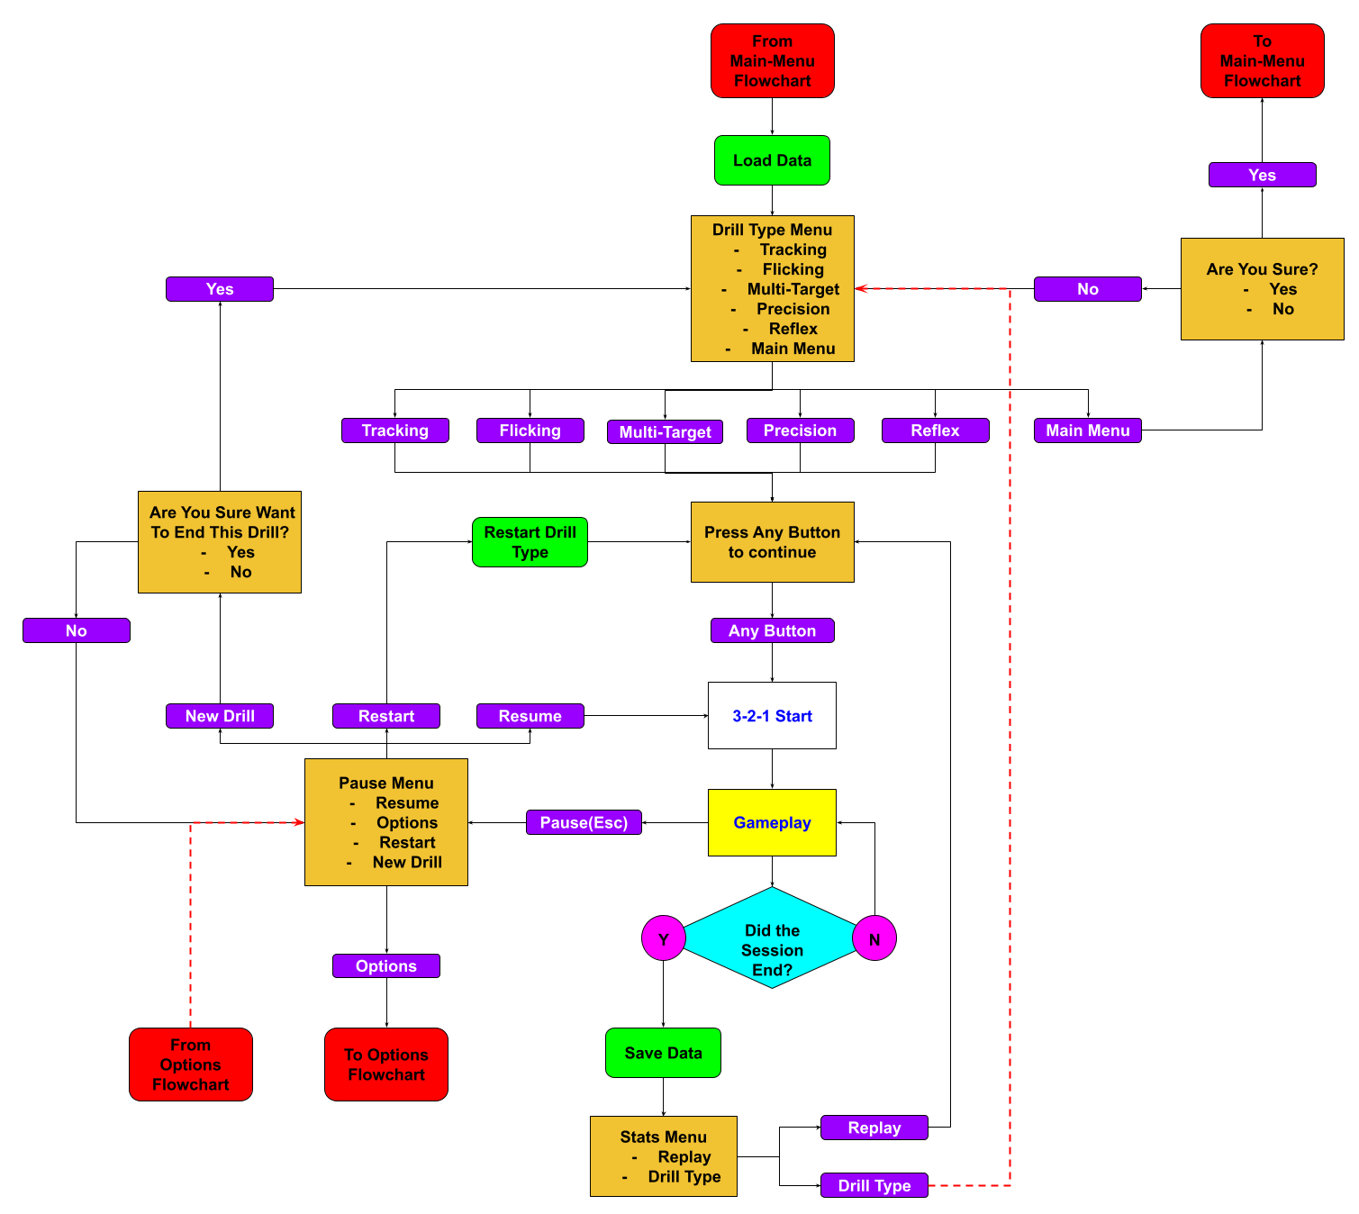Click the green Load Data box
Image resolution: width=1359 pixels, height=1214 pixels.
click(772, 160)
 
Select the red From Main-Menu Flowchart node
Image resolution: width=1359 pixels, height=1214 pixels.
click(772, 60)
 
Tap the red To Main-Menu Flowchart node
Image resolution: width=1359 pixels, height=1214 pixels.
click(1262, 60)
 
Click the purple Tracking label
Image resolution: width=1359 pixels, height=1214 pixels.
click(394, 430)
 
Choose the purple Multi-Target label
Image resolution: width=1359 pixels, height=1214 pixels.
click(665, 432)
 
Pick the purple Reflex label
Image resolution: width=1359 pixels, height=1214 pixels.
click(935, 430)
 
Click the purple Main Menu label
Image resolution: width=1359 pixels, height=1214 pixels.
click(1087, 430)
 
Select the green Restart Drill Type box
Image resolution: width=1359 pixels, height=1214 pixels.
click(530, 542)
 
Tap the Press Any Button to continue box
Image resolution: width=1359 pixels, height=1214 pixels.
click(772, 542)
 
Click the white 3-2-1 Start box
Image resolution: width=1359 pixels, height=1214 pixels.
click(772, 716)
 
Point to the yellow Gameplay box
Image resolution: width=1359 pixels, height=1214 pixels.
click(772, 822)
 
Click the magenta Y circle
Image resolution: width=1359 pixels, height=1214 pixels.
click(664, 938)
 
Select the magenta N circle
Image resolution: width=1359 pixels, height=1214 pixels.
click(874, 938)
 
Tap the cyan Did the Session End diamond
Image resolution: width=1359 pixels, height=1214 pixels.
click(772, 938)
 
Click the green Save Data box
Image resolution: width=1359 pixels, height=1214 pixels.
click(663, 1053)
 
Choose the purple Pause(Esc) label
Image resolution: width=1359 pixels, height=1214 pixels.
click(584, 822)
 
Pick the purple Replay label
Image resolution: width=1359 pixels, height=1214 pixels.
click(874, 1128)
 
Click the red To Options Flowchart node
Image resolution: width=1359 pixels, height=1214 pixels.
click(385, 1065)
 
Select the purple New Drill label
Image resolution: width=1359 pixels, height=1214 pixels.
click(220, 716)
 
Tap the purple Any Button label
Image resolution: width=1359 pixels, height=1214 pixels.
click(772, 630)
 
